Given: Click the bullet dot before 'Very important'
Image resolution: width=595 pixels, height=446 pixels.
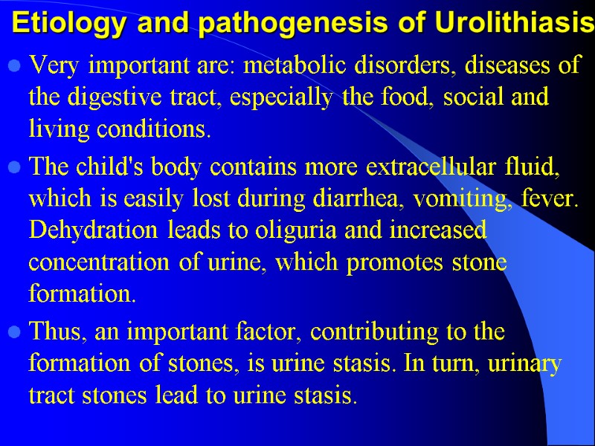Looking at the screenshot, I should [x=13, y=68].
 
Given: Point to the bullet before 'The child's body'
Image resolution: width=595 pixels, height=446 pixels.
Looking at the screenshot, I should [x=13, y=168].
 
